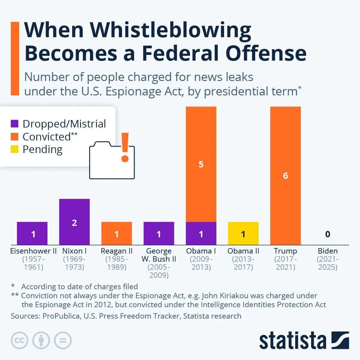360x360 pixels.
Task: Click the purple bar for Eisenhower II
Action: click(32, 233)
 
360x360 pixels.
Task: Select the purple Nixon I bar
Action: click(74, 222)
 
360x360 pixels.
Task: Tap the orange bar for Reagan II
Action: click(117, 233)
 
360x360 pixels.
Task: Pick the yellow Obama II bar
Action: click(243, 233)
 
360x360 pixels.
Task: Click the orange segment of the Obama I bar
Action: click(201, 164)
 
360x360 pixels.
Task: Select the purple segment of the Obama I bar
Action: click(201, 233)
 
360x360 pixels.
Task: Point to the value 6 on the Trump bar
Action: click(286, 175)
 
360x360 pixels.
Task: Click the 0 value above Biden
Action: click(328, 234)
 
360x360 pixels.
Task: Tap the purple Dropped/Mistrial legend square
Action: click(15, 124)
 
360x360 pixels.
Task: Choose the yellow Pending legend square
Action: click(15, 149)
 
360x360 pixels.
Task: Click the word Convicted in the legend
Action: click(46, 137)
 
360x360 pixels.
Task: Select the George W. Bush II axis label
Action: click(159, 255)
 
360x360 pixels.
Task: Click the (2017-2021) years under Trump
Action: click(286, 263)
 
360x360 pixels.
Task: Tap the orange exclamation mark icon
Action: click(125, 147)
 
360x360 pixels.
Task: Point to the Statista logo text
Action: click(292, 341)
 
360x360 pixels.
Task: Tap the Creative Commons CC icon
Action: click(19, 340)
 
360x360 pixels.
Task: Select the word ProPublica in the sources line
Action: click(61, 316)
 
